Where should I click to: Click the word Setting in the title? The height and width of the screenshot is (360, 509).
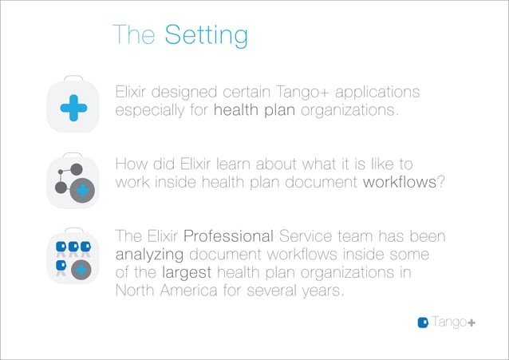(206, 35)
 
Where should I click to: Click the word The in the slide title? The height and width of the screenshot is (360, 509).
(135, 35)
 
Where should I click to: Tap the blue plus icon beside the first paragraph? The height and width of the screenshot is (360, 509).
(73, 107)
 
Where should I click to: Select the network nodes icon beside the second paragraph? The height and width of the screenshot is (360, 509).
(73, 182)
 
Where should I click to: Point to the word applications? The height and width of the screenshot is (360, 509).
(376, 93)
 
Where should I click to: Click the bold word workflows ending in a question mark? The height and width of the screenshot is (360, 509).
(402, 181)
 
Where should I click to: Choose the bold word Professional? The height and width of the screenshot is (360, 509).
(229, 237)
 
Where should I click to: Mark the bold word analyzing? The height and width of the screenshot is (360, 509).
(148, 255)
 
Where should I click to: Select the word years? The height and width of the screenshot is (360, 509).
(322, 290)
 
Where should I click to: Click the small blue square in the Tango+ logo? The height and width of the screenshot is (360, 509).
(424, 322)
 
